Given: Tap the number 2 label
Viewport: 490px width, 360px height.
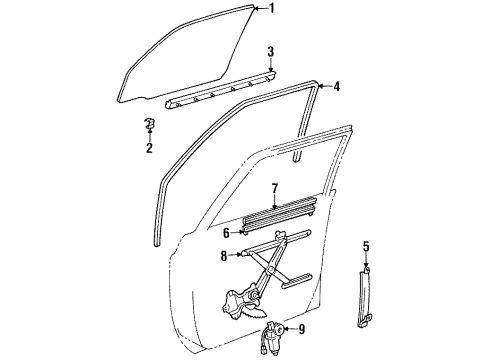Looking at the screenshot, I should (148, 150).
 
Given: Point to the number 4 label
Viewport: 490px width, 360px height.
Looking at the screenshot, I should (336, 87).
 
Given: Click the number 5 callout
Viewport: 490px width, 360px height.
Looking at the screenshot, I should (366, 247).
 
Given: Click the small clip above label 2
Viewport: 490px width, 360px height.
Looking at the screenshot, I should (148, 125).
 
